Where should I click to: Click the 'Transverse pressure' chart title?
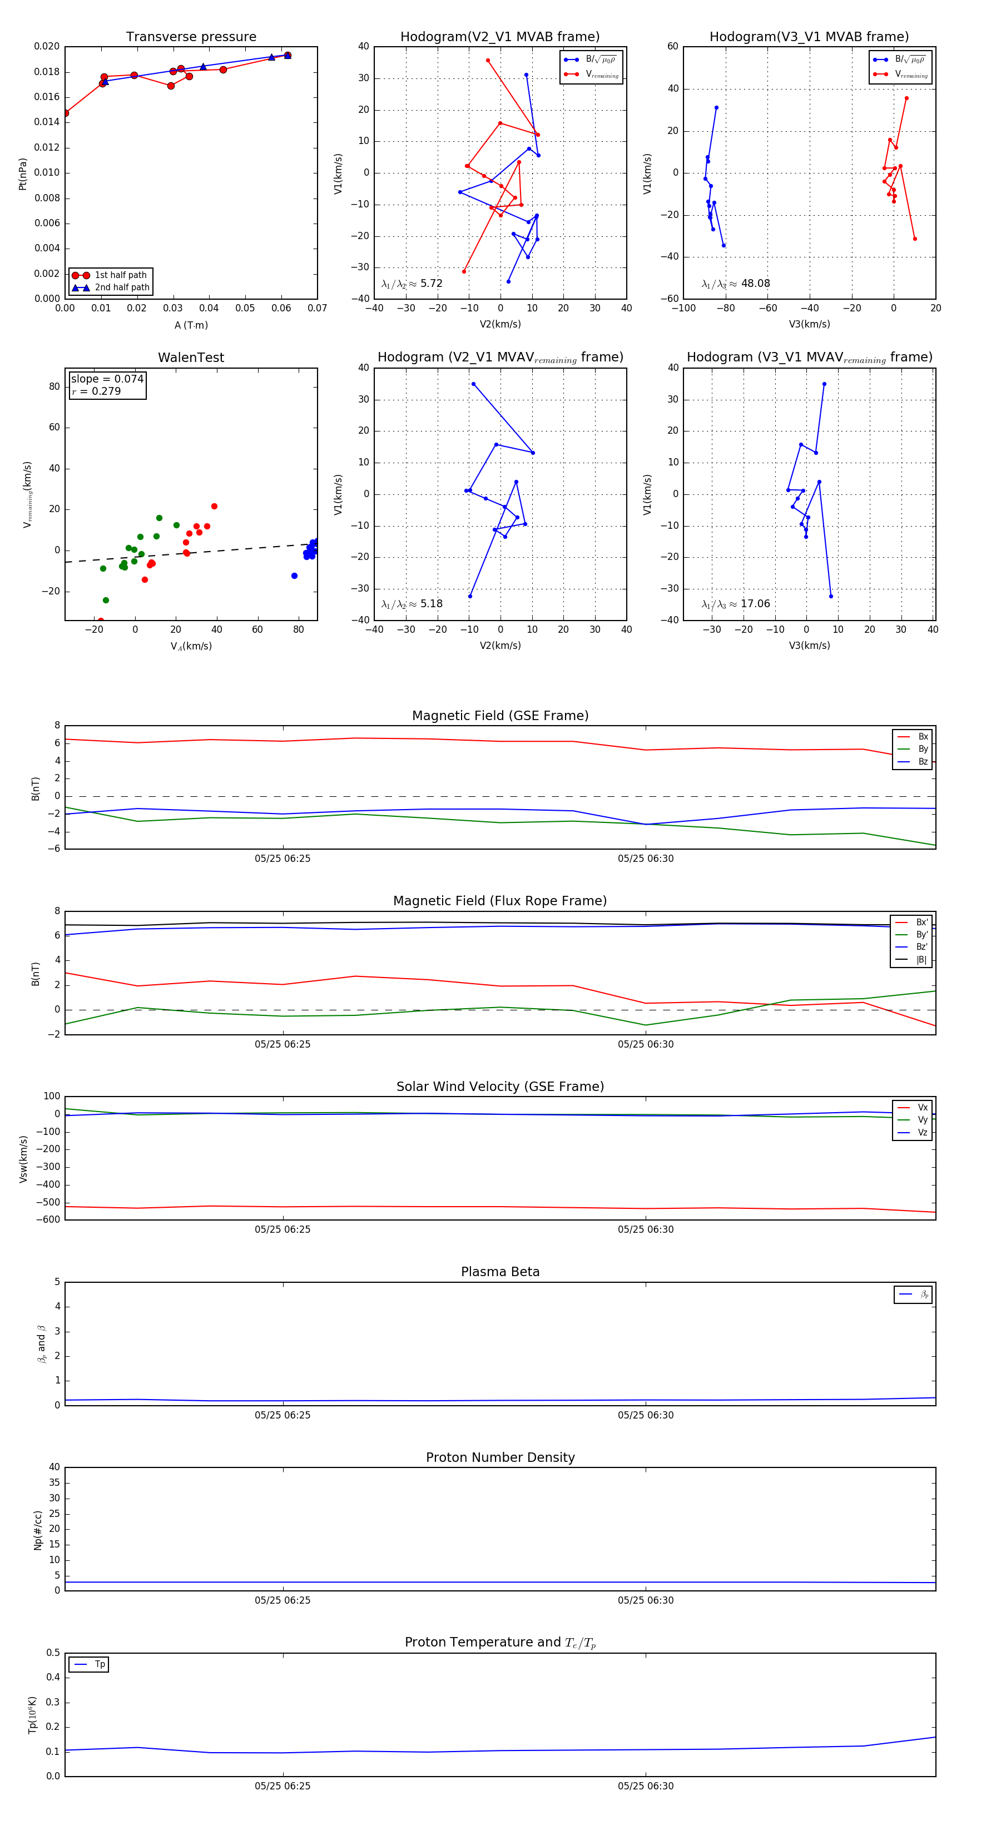(191, 37)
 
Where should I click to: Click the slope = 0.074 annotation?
(107, 379)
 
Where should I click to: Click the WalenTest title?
(191, 358)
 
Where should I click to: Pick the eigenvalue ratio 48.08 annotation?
(735, 284)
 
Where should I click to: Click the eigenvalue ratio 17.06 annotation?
(735, 604)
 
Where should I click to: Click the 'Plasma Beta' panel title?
(500, 1272)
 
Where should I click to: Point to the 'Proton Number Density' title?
(500, 1457)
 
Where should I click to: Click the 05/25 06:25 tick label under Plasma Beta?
(283, 1415)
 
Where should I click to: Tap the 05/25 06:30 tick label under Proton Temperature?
(646, 1786)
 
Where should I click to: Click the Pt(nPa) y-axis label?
(23, 174)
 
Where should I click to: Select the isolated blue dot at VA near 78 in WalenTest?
(294, 576)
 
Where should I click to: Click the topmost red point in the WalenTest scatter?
(215, 507)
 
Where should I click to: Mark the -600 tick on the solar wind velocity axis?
(51, 1219)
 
